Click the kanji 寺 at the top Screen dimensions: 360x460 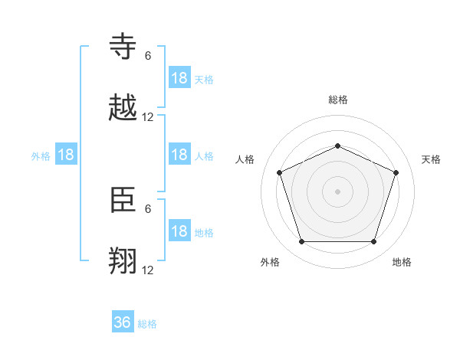(x=123, y=47)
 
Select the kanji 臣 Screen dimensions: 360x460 (x=123, y=201)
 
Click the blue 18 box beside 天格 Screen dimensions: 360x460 (x=179, y=77)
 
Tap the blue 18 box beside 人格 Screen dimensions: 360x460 (x=179, y=155)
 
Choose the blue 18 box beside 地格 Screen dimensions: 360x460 (x=179, y=231)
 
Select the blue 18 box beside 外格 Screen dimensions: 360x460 (x=66, y=155)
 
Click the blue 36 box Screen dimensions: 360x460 (x=123, y=322)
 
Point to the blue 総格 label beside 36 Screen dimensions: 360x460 (x=147, y=324)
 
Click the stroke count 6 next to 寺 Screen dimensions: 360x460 (x=148, y=56)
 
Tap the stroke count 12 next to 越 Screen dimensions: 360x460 (x=148, y=117)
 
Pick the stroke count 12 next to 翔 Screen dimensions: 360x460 (x=148, y=270)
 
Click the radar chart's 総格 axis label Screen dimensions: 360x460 (x=338, y=100)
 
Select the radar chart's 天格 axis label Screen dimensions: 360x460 (x=431, y=159)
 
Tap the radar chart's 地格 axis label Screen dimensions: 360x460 (x=402, y=262)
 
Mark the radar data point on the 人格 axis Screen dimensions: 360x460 (x=279, y=172)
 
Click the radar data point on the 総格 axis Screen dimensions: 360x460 (x=337, y=146)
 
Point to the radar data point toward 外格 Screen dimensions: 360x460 (x=301, y=242)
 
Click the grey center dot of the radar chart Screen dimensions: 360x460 (x=337, y=191)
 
